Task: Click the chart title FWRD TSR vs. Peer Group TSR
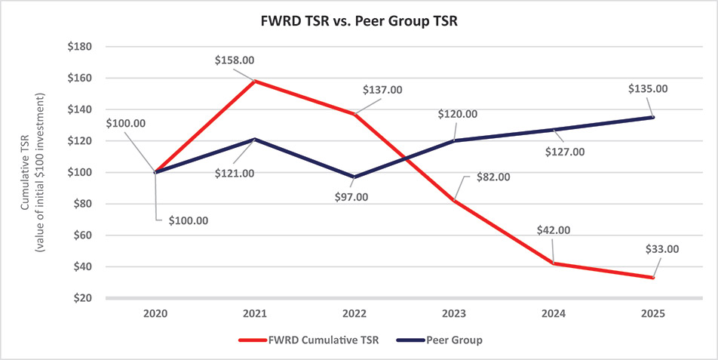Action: point(358,22)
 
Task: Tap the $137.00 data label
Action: point(382,89)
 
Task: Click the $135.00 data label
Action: point(647,88)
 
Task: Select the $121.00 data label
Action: point(234,173)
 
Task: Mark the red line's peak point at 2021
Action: point(255,81)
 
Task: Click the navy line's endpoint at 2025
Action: point(653,117)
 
